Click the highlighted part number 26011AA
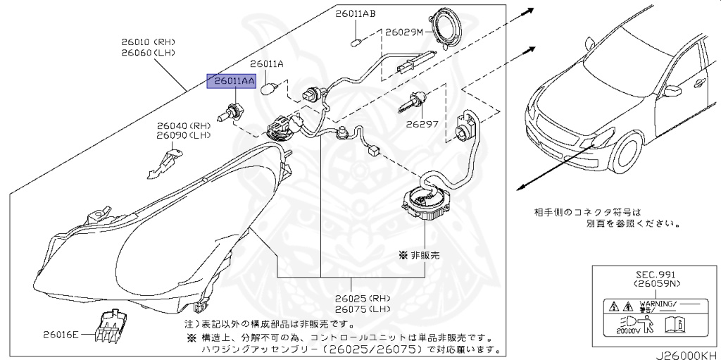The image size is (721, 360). pyautogui.click(x=230, y=82)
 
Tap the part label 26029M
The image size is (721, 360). pyautogui.click(x=403, y=32)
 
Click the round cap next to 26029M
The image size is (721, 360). pyautogui.click(x=448, y=27)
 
